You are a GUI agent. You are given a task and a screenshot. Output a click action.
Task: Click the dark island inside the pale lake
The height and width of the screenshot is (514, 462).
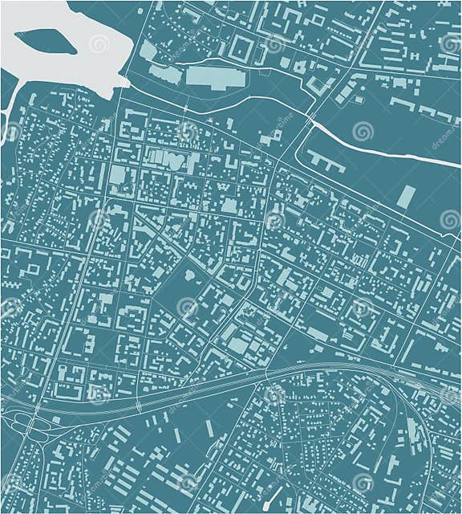(x=44, y=41)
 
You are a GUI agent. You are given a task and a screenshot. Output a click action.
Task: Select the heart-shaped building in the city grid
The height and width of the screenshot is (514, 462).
(x=176, y=161)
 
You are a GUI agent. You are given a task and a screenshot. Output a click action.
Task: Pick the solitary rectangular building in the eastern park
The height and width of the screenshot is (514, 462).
(x=407, y=197)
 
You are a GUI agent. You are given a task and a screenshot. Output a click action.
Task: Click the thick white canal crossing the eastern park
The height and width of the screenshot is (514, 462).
(x=385, y=149)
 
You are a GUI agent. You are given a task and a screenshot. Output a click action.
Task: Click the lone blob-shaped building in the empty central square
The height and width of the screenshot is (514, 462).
(x=190, y=275)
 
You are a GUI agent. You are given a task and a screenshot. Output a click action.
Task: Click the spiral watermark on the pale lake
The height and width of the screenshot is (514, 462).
(x=99, y=44)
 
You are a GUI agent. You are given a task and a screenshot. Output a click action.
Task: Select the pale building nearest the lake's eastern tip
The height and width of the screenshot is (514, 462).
(x=148, y=51)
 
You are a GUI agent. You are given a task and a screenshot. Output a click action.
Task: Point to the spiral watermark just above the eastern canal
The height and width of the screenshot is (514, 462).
(x=363, y=130)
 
